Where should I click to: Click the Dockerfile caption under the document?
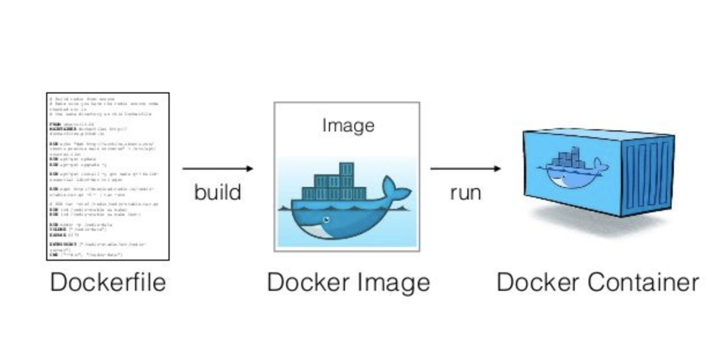click(x=108, y=282)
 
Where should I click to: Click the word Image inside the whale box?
click(x=348, y=125)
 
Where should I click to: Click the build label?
click(x=218, y=192)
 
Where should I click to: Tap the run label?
click(x=465, y=192)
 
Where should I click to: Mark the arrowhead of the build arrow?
click(x=249, y=168)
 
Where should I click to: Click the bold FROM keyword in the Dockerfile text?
click(x=54, y=122)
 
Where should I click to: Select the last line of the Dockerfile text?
click(x=87, y=254)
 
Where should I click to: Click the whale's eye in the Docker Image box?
click(x=326, y=220)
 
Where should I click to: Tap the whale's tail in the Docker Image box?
click(x=398, y=190)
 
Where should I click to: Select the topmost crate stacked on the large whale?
click(x=346, y=169)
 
